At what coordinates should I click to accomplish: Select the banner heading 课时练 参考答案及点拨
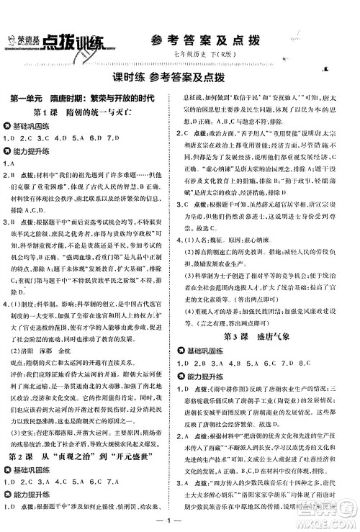coord(179,76)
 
